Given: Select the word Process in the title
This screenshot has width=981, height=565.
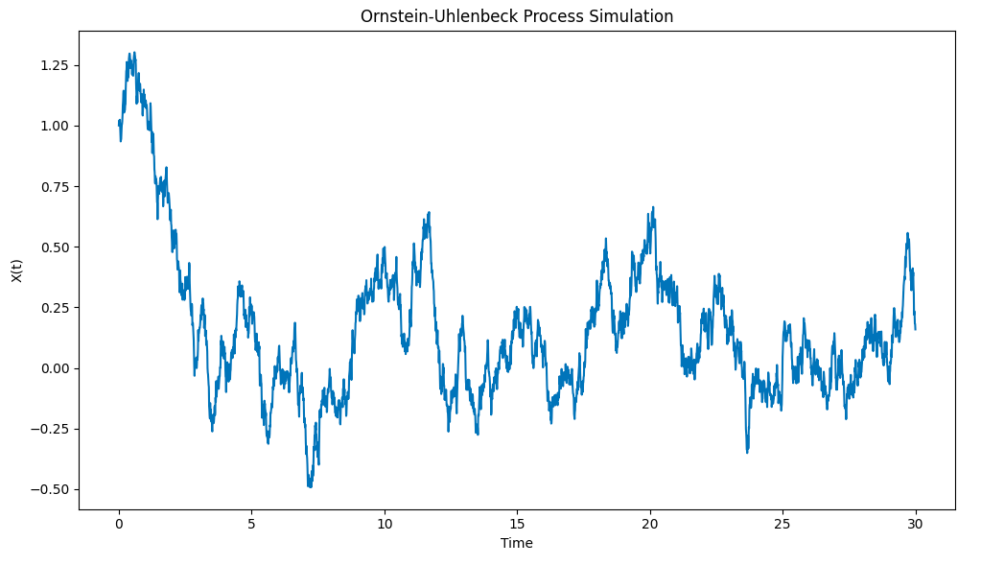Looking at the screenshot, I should tap(542, 16).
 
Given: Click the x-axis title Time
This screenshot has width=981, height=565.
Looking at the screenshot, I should tap(517, 543).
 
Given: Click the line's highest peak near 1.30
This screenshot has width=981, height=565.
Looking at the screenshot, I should tap(133, 53).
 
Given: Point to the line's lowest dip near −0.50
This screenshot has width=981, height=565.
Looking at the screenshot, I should tap(310, 486).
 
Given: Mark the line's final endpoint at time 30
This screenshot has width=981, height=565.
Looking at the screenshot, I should tap(915, 329).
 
